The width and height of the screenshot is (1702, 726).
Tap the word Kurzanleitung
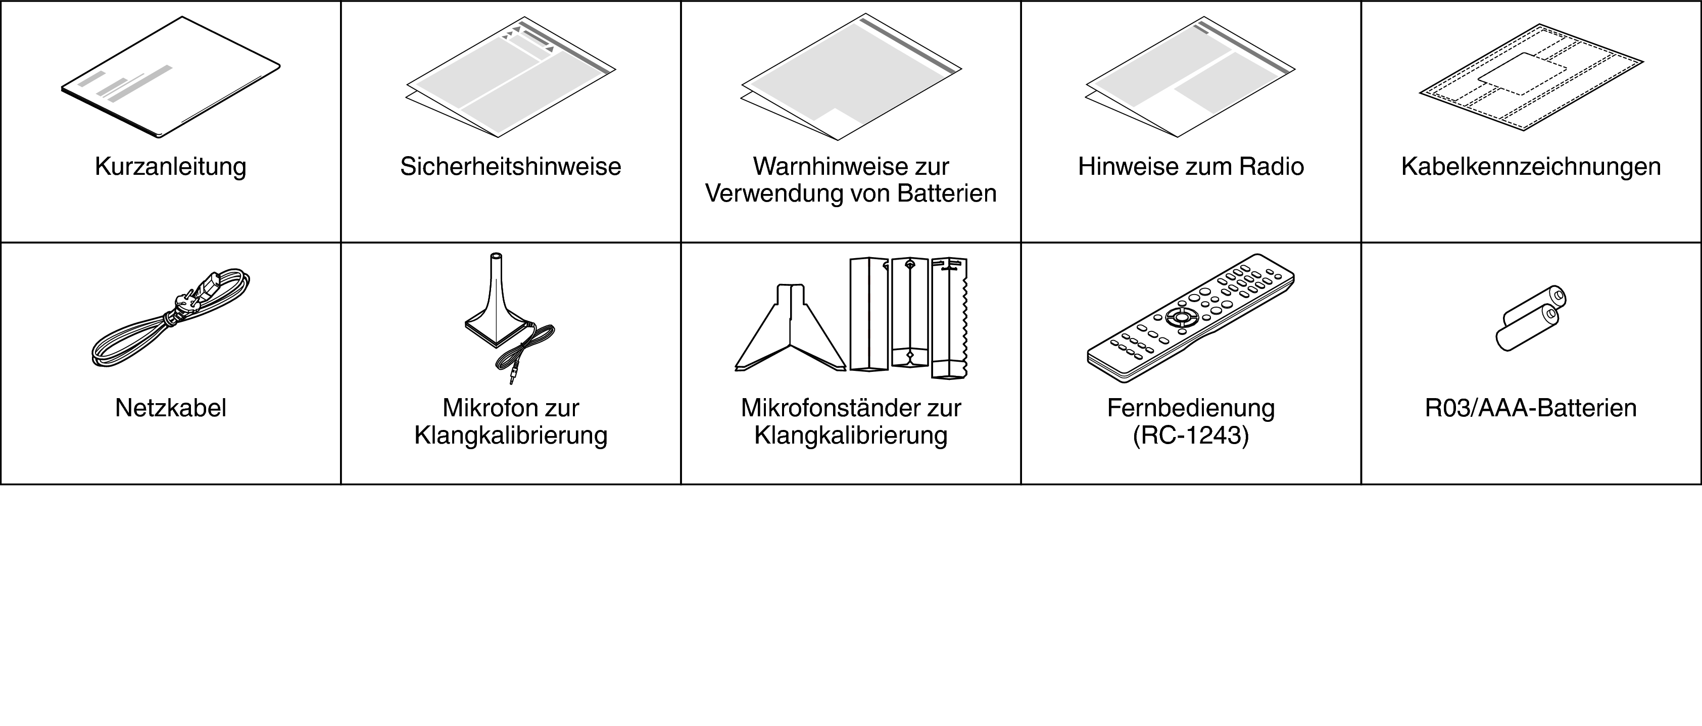[170, 167]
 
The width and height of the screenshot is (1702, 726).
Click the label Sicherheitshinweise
[511, 167]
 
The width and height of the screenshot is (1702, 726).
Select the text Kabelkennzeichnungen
[1531, 167]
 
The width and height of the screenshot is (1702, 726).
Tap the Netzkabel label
[170, 408]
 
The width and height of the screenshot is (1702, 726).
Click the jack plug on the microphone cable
[513, 376]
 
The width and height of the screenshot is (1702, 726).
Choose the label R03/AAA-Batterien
[1531, 408]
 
